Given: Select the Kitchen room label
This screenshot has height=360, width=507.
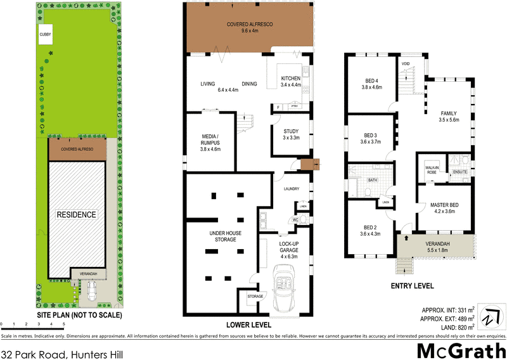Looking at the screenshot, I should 292,81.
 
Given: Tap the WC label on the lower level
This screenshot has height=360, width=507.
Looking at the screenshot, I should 295,220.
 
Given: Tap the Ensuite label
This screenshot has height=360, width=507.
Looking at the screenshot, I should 460,172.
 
